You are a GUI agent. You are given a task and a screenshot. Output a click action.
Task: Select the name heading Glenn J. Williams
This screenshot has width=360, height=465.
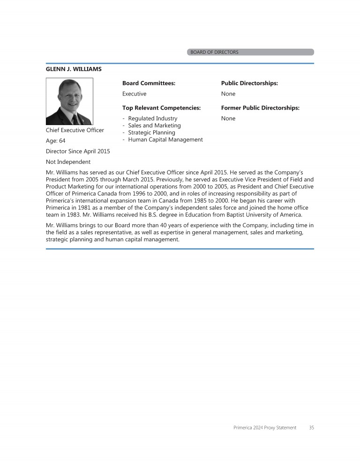[74, 69]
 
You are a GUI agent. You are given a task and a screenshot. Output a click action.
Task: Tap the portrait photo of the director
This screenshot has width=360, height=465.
[69, 101]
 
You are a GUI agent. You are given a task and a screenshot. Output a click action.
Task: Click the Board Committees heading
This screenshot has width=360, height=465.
[149, 83]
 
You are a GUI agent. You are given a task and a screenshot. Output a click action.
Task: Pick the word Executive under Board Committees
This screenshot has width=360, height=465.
[134, 94]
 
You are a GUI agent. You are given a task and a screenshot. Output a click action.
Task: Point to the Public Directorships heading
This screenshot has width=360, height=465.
[249, 83]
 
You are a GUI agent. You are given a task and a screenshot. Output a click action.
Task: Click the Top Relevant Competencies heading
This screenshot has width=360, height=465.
[161, 108]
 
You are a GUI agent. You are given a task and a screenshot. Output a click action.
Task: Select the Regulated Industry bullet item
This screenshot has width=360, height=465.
[152, 118]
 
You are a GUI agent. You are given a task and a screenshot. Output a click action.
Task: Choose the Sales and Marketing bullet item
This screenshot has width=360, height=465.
[154, 125]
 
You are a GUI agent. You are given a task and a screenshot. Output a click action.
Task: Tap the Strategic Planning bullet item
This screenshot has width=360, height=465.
[151, 133]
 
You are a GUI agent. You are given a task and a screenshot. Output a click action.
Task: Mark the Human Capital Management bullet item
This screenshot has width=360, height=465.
[165, 140]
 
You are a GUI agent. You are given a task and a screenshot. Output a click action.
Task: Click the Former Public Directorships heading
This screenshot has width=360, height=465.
[260, 108]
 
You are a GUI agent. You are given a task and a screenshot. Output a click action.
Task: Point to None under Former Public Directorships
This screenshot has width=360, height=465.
[228, 118]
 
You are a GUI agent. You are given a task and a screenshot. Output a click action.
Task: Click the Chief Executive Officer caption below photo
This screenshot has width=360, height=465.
[75, 130]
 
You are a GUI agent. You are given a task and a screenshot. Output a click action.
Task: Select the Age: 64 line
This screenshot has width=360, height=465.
[55, 140]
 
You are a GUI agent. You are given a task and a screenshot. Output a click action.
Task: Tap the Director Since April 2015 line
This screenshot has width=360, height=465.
[78, 151]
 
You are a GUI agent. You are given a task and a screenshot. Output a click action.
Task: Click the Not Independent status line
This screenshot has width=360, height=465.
[68, 162]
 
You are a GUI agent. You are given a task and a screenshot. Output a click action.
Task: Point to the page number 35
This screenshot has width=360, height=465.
[312, 428]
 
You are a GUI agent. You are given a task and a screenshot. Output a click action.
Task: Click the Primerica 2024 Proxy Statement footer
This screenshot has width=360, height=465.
[265, 428]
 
